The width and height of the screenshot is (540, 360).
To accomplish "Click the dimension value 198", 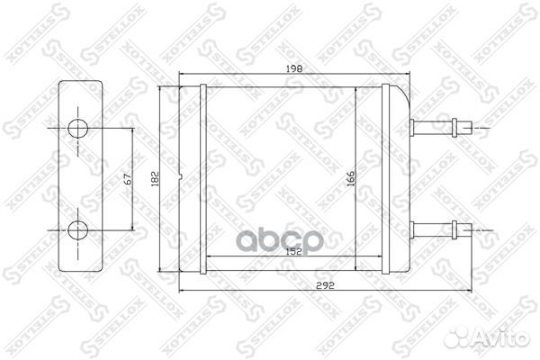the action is (x=294, y=69).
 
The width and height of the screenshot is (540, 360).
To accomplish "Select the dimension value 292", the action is (x=325, y=285).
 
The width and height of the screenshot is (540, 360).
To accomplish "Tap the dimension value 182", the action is (x=155, y=179).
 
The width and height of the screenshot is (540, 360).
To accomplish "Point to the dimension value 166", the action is (x=350, y=179).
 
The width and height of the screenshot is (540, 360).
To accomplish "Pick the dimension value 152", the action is (x=294, y=251).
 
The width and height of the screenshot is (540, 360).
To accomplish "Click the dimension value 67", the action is (x=128, y=179).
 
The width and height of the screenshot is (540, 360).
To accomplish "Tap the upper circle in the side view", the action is (x=77, y=129).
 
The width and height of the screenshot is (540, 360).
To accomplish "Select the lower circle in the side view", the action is (x=77, y=230).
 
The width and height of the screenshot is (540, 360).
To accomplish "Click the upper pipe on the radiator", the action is (x=441, y=128).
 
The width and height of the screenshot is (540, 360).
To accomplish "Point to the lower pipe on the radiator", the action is (x=441, y=229).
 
